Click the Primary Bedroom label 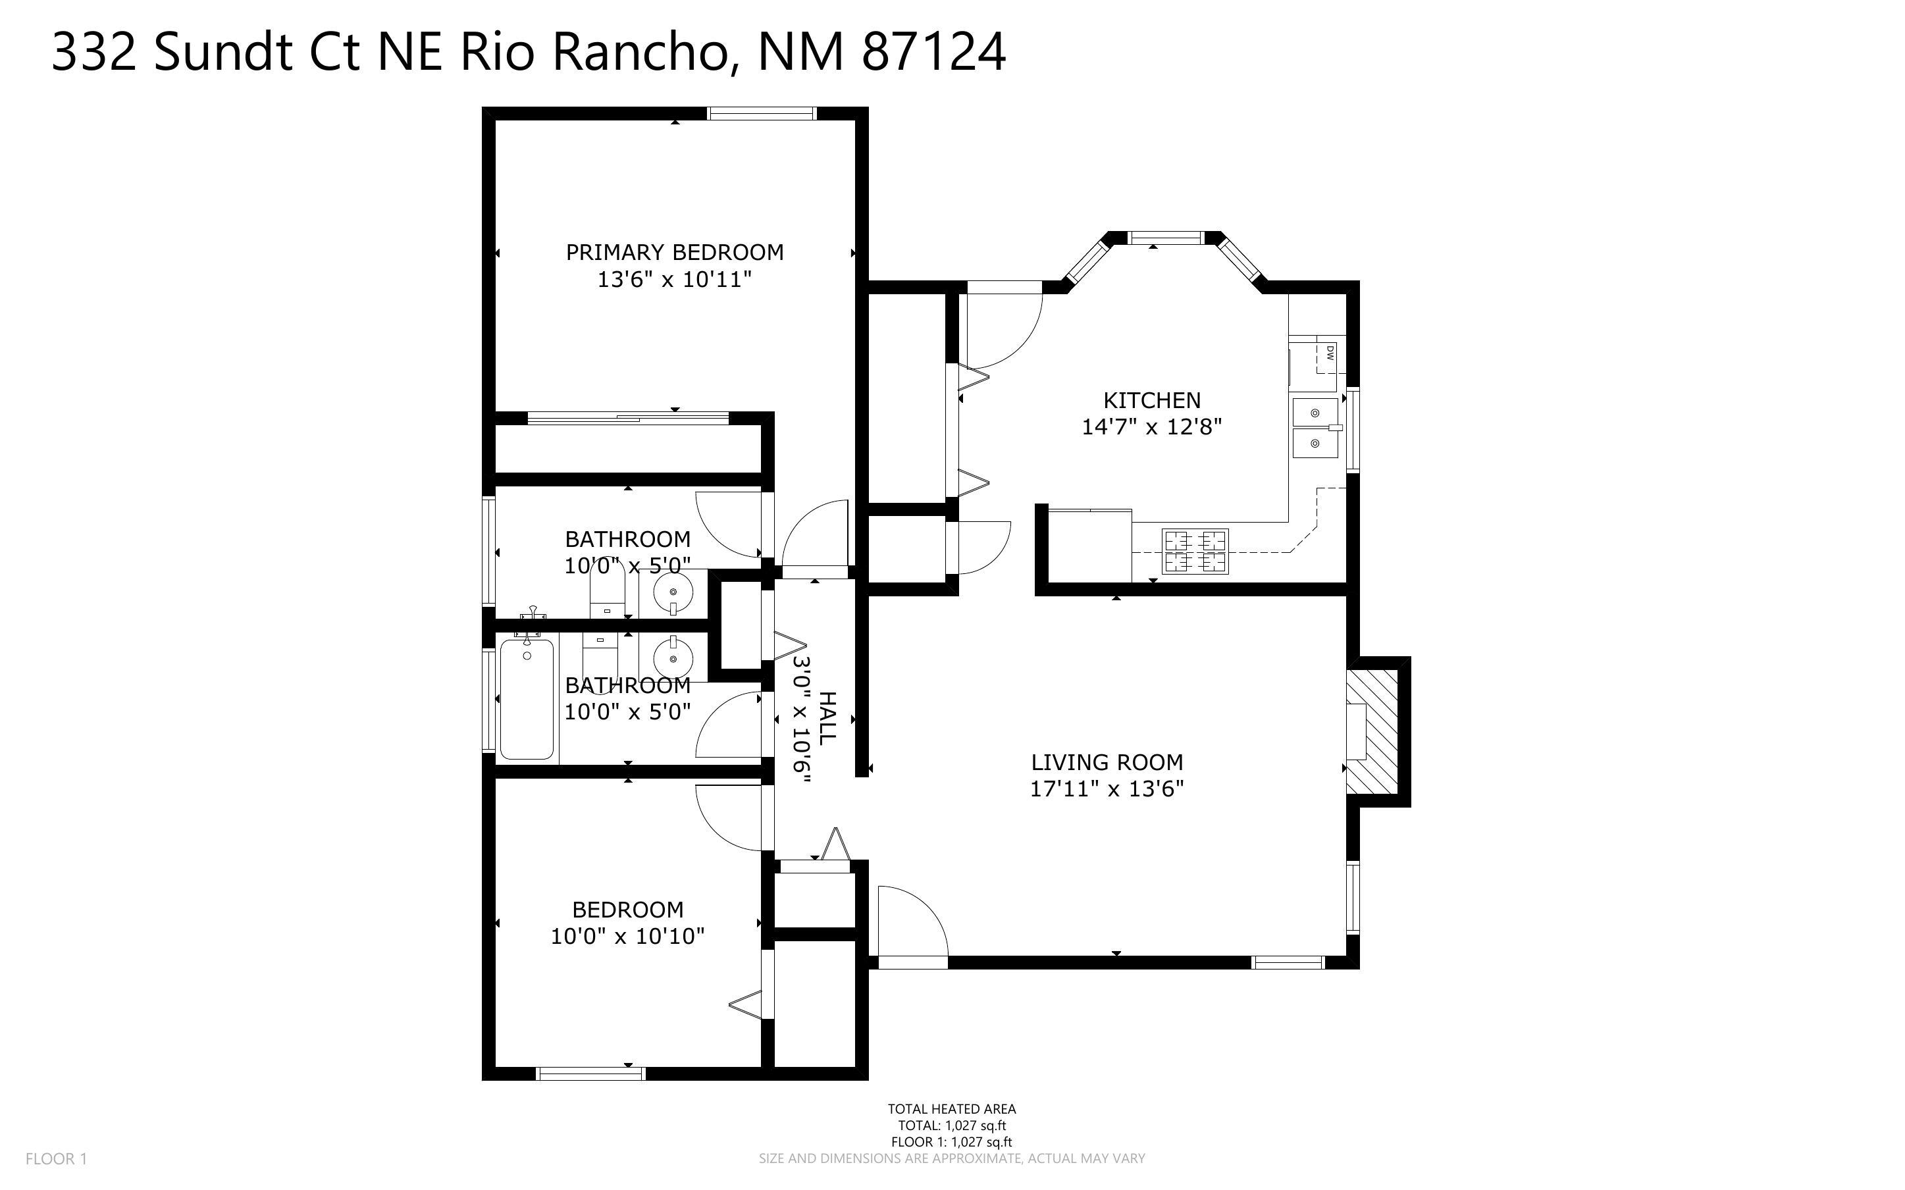674,252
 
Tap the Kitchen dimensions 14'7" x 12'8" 1151,427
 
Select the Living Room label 1107,762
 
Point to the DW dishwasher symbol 1330,354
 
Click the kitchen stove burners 1195,551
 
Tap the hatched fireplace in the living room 1372,731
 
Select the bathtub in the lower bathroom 527,699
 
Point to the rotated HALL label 827,718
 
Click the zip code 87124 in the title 933,53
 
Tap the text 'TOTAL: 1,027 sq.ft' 951,1125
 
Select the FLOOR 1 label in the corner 56,1158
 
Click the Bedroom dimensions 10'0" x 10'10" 627,937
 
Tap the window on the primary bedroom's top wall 761,113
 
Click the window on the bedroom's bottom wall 590,1074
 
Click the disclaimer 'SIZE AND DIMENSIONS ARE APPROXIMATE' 951,1158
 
